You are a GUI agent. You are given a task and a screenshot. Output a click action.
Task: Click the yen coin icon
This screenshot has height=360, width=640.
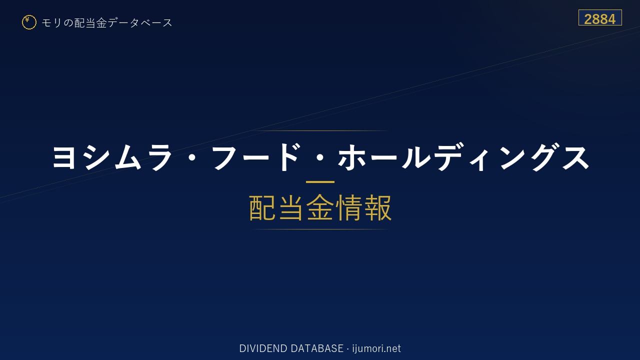[29, 22]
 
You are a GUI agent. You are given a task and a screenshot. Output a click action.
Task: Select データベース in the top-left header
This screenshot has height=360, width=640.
[140, 23]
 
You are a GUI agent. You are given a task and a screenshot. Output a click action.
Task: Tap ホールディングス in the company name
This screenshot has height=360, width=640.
[463, 157]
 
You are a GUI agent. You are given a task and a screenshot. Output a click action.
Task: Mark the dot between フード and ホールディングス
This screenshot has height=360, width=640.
[319, 157]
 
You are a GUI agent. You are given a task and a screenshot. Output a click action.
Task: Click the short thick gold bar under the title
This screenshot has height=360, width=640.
[320, 181]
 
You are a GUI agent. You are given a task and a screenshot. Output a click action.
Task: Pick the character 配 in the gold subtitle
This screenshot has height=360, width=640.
[262, 207]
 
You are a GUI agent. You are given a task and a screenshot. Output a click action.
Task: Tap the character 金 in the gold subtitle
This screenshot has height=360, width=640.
[320, 207]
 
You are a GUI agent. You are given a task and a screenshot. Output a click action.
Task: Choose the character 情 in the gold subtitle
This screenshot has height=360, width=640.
[348, 207]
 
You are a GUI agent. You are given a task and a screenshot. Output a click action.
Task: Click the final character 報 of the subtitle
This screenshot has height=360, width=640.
[377, 207]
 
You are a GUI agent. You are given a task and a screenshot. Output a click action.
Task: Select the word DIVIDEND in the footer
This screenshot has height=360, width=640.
[263, 348]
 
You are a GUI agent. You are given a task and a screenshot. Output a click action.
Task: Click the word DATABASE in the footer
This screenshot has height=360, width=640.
[317, 348]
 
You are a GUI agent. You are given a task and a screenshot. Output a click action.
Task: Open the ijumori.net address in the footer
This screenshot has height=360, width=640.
[376, 349]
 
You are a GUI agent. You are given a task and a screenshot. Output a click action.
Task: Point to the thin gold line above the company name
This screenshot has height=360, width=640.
[320, 130]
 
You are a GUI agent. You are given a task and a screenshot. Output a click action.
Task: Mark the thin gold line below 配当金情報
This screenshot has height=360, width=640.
[320, 229]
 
